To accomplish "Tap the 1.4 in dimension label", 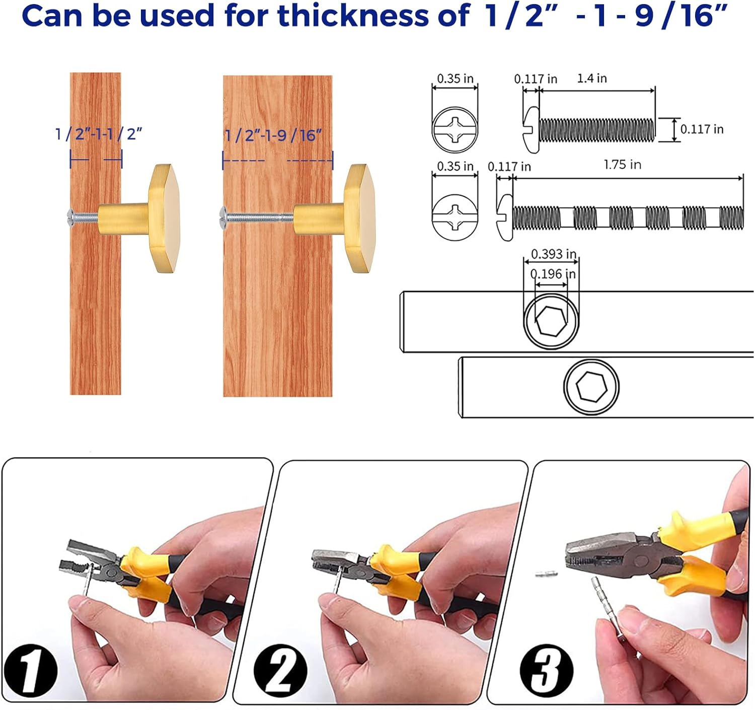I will pos(591,79).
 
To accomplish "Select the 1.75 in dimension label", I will pos(622,165).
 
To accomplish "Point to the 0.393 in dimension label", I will pos(554,254).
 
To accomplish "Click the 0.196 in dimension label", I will pos(553,274).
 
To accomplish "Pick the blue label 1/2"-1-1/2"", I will pos(99,134).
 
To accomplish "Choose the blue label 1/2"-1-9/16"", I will pos(272,135).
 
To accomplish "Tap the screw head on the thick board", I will pos(223,218).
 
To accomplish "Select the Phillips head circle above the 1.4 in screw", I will pos(455,129).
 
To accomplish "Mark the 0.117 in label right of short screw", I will pos(702,129).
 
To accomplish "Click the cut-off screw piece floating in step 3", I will pos(546,574).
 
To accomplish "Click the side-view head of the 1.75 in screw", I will pos(505,218).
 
